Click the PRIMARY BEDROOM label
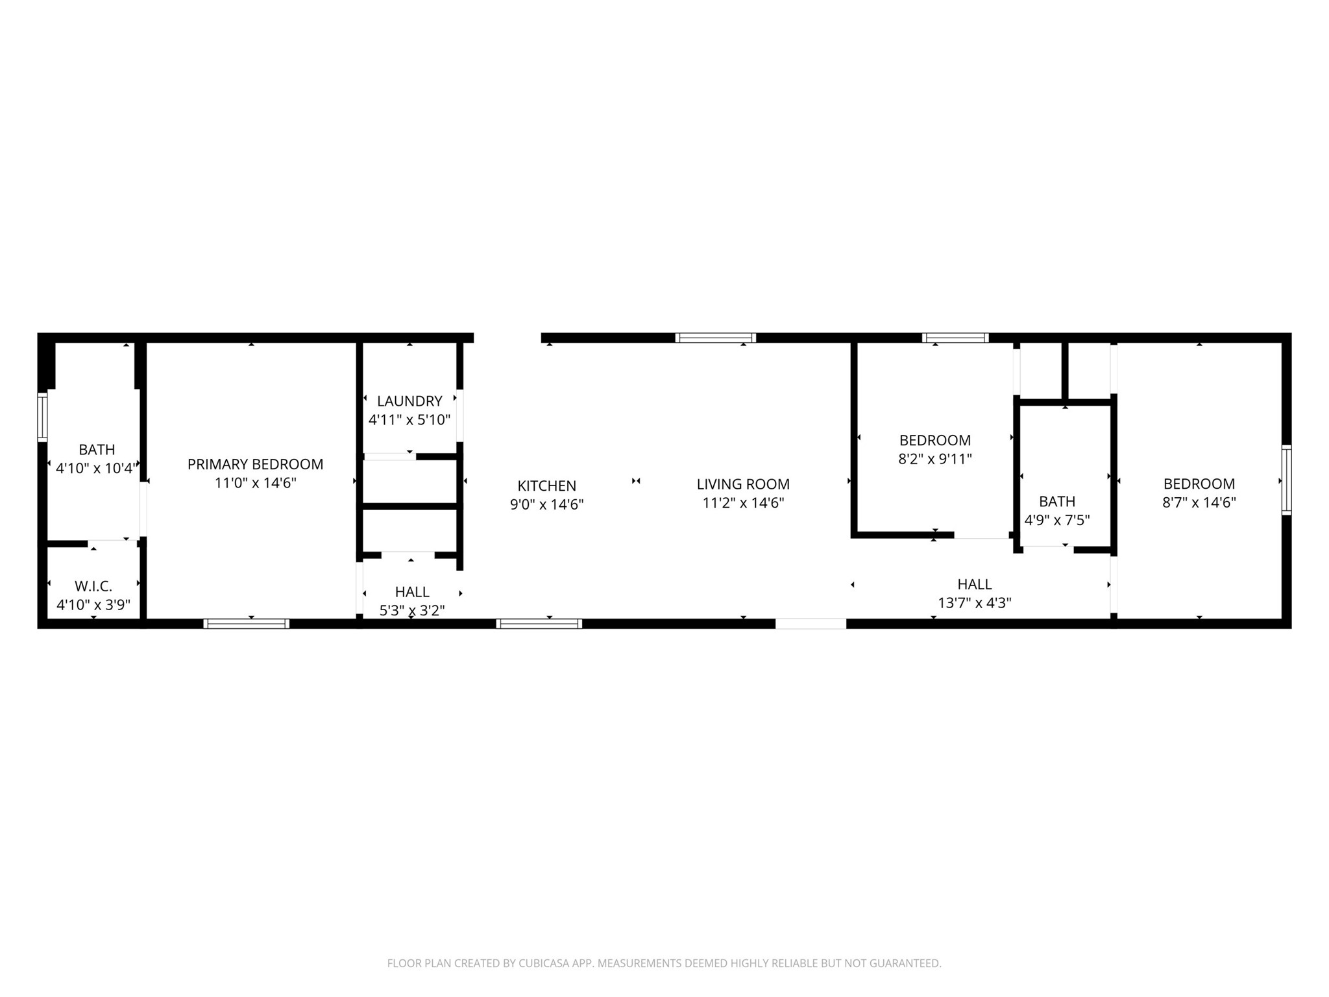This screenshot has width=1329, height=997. pos(255,464)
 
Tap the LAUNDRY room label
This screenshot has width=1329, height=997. pos(409,401)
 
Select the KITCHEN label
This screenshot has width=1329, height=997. pos(546,486)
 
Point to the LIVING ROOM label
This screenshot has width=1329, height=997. pos(743,484)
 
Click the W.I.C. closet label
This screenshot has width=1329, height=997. pos(93,587)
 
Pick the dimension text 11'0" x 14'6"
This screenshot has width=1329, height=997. pos(256,483)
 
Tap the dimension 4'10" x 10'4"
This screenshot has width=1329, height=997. pos(96,468)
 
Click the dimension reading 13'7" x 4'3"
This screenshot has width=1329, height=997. pos(975,603)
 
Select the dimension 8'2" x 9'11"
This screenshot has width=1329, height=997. pos(935,460)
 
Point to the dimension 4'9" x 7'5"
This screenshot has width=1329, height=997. pos(1057,520)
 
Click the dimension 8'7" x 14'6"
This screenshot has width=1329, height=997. pos(1199,502)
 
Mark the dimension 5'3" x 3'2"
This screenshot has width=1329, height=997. pos(412,611)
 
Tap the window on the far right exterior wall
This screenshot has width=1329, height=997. pos(1286,480)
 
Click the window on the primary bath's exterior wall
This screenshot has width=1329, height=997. pos(42,417)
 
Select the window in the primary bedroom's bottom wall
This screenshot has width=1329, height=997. pos(247,624)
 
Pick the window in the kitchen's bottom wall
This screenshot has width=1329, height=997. pos(539,624)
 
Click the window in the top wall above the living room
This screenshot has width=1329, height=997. pos(716,338)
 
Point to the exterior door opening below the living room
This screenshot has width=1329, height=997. pos(811,624)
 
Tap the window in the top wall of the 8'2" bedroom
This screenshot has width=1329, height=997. pos(956,338)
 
